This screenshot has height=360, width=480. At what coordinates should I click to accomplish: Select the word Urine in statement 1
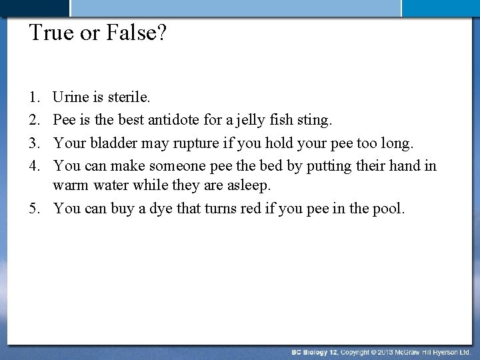[71, 98]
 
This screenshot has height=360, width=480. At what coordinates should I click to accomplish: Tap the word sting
[317, 121]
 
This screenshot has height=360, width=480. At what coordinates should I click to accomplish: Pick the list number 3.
[33, 143]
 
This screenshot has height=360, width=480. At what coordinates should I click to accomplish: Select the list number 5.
[33, 209]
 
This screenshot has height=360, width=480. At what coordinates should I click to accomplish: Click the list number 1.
[33, 98]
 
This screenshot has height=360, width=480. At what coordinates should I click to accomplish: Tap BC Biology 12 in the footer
[314, 351]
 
